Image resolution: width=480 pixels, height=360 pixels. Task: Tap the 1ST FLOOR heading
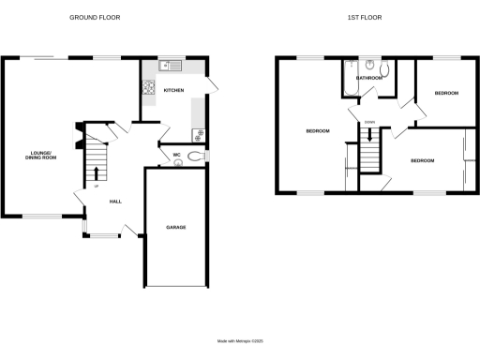pos(377,18)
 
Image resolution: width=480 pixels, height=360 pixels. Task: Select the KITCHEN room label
pos(174,90)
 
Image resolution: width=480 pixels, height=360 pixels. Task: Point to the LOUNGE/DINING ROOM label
pos(41,157)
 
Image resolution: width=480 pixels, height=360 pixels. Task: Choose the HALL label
pos(116,202)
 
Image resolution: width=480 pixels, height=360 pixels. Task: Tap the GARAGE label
pos(175,228)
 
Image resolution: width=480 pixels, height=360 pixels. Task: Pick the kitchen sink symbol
pos(170,65)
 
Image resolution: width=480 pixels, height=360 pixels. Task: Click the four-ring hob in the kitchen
pos(147,89)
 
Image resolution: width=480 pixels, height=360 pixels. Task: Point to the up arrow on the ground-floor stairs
pos(96,172)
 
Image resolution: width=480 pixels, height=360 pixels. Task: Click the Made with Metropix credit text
pos(240,340)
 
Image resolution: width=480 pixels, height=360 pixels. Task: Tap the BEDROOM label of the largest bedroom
pos(318,130)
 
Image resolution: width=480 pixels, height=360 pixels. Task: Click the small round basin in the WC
pos(178,163)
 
